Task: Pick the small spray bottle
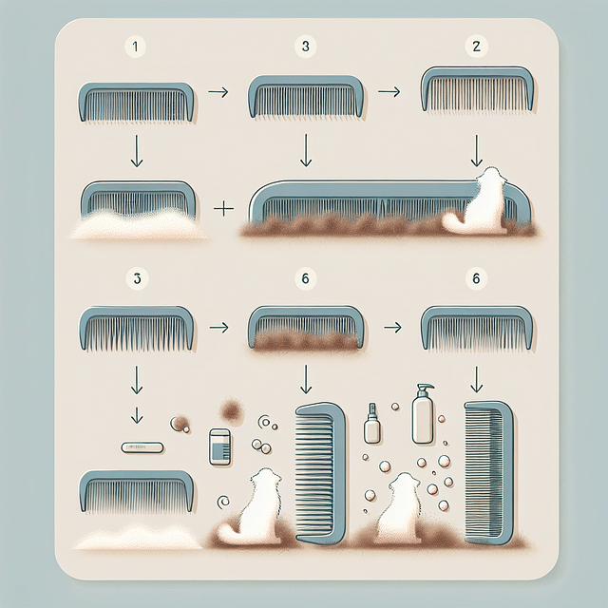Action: pos(371,425)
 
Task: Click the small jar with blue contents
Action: pos(219,445)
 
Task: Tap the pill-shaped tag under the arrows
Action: pos(142,446)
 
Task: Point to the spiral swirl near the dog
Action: pos(224,501)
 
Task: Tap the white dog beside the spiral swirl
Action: pos(256,508)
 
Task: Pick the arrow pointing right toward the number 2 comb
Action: pos(387,92)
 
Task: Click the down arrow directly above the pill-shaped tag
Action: pos(136,414)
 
